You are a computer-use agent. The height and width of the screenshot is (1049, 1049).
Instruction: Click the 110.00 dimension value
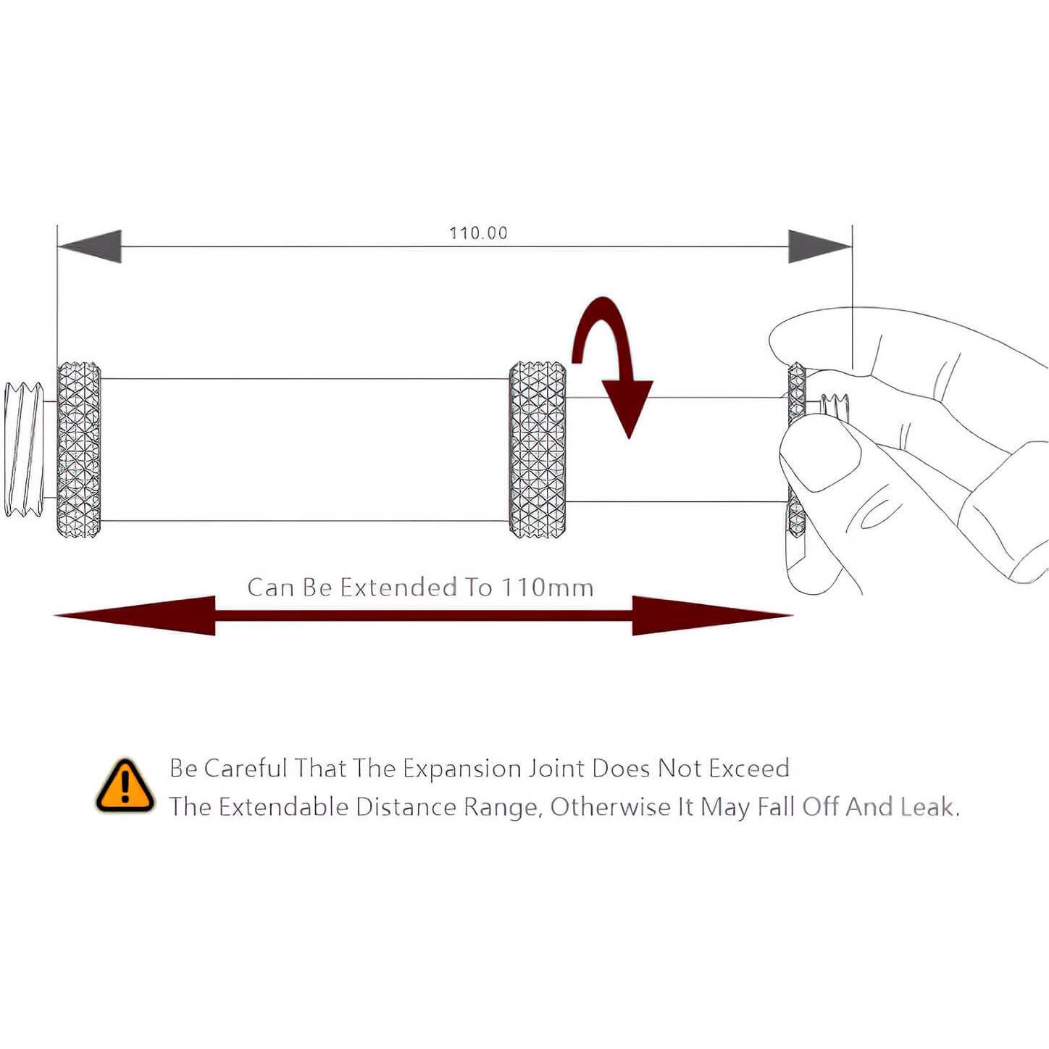478,233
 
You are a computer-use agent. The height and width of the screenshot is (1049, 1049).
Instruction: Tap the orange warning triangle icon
125,786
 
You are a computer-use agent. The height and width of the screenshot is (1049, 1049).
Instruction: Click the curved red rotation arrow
613,362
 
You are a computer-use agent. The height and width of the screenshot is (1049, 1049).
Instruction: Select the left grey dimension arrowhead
91,246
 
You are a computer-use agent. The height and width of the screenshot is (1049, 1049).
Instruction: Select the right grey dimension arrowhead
819,246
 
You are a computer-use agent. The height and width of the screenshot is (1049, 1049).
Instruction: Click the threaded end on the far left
23,449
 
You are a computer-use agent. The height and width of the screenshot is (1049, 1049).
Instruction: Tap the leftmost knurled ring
78,449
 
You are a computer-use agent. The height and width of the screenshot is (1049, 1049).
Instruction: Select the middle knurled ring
538,449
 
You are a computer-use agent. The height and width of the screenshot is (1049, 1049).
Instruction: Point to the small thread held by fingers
835,406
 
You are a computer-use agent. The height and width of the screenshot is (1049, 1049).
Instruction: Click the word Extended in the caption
398,587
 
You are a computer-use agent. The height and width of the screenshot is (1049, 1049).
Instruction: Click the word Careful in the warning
246,768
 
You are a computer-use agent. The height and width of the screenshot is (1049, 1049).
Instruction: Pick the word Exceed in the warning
749,768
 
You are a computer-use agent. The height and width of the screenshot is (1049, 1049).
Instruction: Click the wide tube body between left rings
304,449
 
